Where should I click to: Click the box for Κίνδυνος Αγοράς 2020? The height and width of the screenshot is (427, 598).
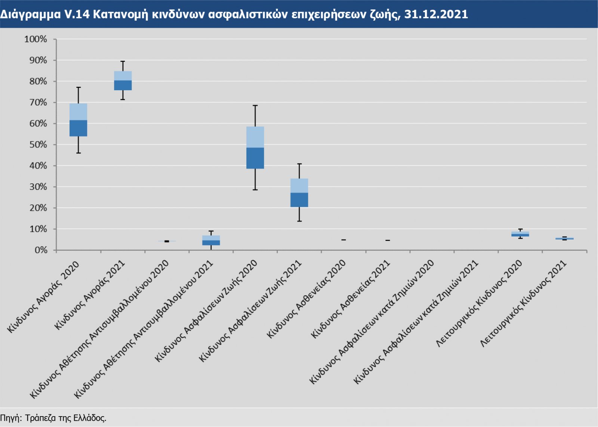point(78,120)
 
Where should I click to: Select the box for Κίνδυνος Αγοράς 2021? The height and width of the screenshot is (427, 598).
point(123,80)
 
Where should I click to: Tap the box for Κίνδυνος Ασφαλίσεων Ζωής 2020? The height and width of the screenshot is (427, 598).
point(255,147)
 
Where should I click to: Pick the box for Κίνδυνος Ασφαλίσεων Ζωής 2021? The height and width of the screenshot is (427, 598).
point(299,193)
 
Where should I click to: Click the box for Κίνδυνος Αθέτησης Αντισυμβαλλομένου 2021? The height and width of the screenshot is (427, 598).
point(211,240)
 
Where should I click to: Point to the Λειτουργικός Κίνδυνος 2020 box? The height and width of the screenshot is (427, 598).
point(520,234)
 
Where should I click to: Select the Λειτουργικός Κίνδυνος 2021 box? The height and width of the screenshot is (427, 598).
point(564,238)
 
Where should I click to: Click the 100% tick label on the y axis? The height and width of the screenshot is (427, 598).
point(36,39)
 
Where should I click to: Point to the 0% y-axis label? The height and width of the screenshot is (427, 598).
point(40,250)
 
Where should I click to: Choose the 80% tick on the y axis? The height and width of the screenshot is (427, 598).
point(38,82)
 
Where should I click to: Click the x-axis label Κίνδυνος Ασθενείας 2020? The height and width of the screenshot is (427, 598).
point(306,299)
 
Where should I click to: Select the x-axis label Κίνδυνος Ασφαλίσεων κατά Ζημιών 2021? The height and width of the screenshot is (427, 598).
point(416,322)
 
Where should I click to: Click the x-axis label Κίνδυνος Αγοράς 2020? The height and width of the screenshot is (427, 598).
point(43,297)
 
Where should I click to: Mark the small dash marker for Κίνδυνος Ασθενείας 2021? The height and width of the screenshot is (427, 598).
point(388,240)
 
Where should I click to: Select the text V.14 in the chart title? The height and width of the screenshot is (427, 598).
point(77,14)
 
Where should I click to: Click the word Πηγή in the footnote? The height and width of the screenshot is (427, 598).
point(10,418)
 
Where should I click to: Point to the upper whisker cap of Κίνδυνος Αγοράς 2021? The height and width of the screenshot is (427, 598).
point(123,61)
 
